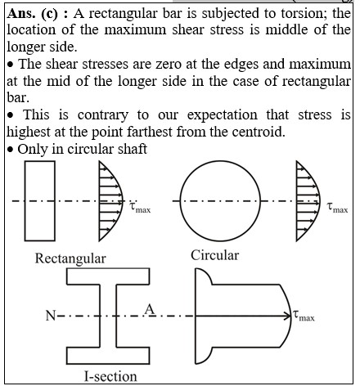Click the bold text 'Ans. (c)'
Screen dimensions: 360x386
[33, 14]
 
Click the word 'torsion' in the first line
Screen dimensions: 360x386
[303, 13]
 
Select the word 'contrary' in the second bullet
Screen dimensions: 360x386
[103, 115]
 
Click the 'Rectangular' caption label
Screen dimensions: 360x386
[70, 258]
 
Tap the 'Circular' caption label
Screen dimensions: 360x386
[215, 256]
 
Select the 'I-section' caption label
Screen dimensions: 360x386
[110, 376]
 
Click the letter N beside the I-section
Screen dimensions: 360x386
[51, 316]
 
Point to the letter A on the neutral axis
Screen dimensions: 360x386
[150, 309]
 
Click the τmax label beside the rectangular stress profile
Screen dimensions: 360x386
[140, 208]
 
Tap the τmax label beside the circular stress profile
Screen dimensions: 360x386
[337, 208]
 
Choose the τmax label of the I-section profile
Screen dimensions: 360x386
[304, 316]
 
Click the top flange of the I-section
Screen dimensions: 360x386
[108, 276]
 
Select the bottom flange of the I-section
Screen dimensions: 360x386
[108, 356]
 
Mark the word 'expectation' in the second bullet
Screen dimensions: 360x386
[223, 115]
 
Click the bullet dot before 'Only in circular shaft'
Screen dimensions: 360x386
[11, 150]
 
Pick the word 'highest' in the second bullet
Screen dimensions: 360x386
[29, 132]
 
